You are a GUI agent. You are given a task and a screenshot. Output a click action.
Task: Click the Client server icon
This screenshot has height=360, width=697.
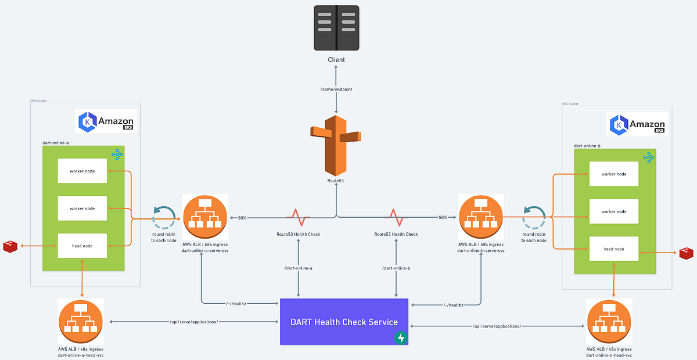[336, 27]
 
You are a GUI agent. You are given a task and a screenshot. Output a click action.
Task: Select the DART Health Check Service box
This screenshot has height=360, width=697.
[344, 322]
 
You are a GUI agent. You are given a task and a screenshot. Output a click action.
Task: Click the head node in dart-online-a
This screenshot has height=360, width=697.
[82, 246]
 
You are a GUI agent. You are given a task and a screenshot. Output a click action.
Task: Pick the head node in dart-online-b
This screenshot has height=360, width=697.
[613, 249]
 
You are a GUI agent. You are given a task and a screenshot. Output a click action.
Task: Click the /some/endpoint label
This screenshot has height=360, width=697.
[336, 89]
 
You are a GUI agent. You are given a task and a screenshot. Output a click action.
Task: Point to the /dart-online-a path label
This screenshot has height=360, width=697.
[299, 268]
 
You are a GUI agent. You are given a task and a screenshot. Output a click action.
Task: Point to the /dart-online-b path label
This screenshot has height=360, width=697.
[396, 268]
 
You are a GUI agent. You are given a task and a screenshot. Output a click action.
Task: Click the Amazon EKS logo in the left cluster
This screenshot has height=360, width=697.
[107, 121]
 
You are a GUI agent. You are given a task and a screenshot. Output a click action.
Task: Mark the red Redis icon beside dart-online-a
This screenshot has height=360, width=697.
[10, 246]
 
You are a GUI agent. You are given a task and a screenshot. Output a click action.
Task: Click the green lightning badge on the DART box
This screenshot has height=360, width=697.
[400, 337]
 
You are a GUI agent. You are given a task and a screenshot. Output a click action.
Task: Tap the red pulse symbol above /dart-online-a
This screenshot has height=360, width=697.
[299, 217]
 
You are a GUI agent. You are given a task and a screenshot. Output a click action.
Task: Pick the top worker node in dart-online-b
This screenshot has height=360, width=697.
[613, 174]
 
